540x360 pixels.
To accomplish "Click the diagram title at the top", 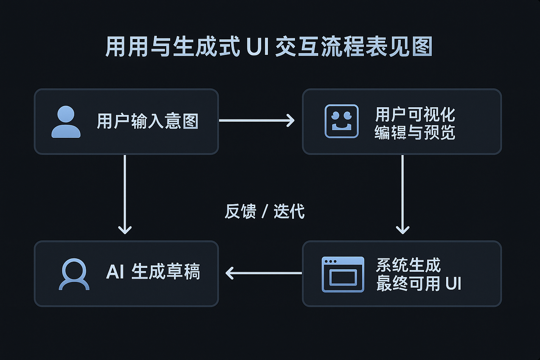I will click(x=269, y=47).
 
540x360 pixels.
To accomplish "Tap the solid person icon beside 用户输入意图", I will click(x=66, y=122).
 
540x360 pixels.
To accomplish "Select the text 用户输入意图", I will click(x=148, y=121).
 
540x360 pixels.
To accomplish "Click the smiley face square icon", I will click(x=341, y=121).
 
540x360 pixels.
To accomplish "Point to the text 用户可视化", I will click(x=415, y=114).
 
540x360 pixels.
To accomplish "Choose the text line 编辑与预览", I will click(x=415, y=133).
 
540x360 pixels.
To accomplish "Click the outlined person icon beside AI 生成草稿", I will click(x=74, y=274).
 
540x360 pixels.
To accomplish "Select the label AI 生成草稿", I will click(x=153, y=272).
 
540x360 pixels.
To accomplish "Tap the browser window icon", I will click(x=343, y=274).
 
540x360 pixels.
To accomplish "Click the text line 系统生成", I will click(x=408, y=265).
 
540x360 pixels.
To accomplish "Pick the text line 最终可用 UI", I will click(x=418, y=284).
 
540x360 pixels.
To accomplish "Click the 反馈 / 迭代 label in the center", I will click(x=264, y=211).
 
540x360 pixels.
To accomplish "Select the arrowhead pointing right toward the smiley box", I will click(x=291, y=121).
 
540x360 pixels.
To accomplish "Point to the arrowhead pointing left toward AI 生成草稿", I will click(x=230, y=273).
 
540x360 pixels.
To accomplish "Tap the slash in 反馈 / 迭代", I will click(x=265, y=212).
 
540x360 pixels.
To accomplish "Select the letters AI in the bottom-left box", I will click(x=115, y=272).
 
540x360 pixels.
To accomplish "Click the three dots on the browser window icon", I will click(x=330, y=262).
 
